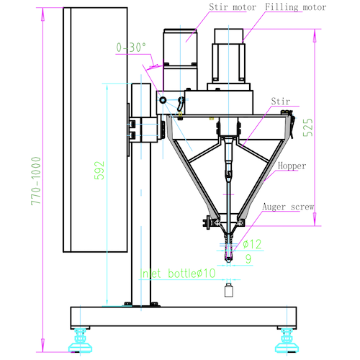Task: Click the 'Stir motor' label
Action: (x=233, y=7)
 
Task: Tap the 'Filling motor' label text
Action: (x=296, y=7)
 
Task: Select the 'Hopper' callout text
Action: (x=292, y=166)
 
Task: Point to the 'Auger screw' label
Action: (x=288, y=207)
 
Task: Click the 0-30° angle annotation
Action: (x=131, y=48)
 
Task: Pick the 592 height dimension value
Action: (x=99, y=171)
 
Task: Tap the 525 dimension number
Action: (x=308, y=127)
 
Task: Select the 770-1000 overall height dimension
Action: (x=36, y=181)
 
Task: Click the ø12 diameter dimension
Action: (x=252, y=244)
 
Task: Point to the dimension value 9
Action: (x=248, y=258)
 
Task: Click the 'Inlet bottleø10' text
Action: (x=178, y=274)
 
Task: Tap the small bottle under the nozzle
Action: (x=229, y=290)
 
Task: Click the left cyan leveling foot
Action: (x=80, y=341)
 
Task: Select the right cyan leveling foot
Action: (x=287, y=341)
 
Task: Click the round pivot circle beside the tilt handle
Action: (x=163, y=100)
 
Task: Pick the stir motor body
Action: (x=180, y=60)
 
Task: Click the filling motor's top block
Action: (x=229, y=36)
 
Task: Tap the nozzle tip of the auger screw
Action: (x=228, y=261)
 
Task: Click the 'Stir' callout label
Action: (x=281, y=102)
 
